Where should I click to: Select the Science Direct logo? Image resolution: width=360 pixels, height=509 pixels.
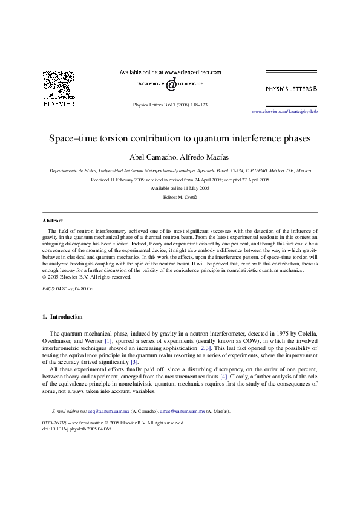tap(170, 84)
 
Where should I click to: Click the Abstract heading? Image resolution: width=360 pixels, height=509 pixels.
tap(53, 221)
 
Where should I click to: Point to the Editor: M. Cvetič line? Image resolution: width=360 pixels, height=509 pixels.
tap(179, 198)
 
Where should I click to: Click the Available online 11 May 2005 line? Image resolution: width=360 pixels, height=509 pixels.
tap(179, 189)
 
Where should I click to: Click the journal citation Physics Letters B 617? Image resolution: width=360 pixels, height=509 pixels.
tap(170, 105)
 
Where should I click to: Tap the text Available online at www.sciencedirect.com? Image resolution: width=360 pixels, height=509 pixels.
tap(170, 72)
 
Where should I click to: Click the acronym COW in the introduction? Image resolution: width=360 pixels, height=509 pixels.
tap(235, 341)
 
